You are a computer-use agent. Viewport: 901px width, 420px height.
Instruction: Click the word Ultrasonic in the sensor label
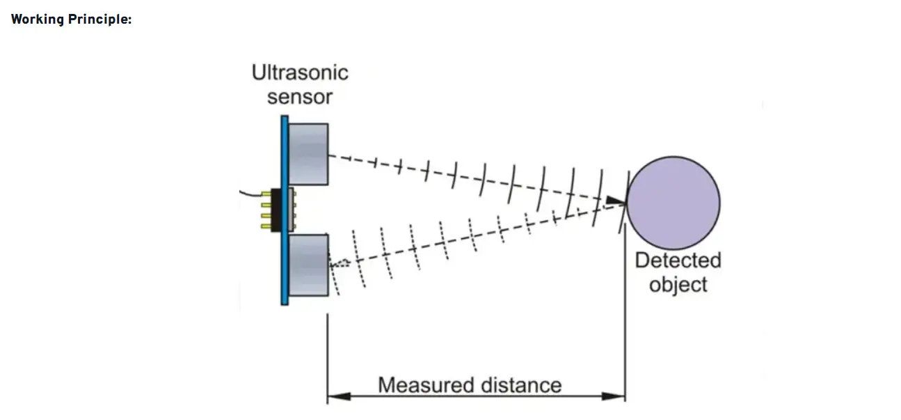(300, 72)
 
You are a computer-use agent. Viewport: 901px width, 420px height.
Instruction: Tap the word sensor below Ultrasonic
(300, 97)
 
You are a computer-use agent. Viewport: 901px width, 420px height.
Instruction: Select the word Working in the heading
(37, 19)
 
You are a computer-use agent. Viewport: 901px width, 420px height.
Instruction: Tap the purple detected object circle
(674, 203)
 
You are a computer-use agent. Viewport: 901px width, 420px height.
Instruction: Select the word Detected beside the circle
(678, 260)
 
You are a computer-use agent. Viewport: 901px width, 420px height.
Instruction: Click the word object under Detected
(678, 285)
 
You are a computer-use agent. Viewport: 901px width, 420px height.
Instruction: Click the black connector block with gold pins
(276, 209)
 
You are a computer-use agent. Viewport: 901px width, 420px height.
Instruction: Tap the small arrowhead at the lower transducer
(340, 263)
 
